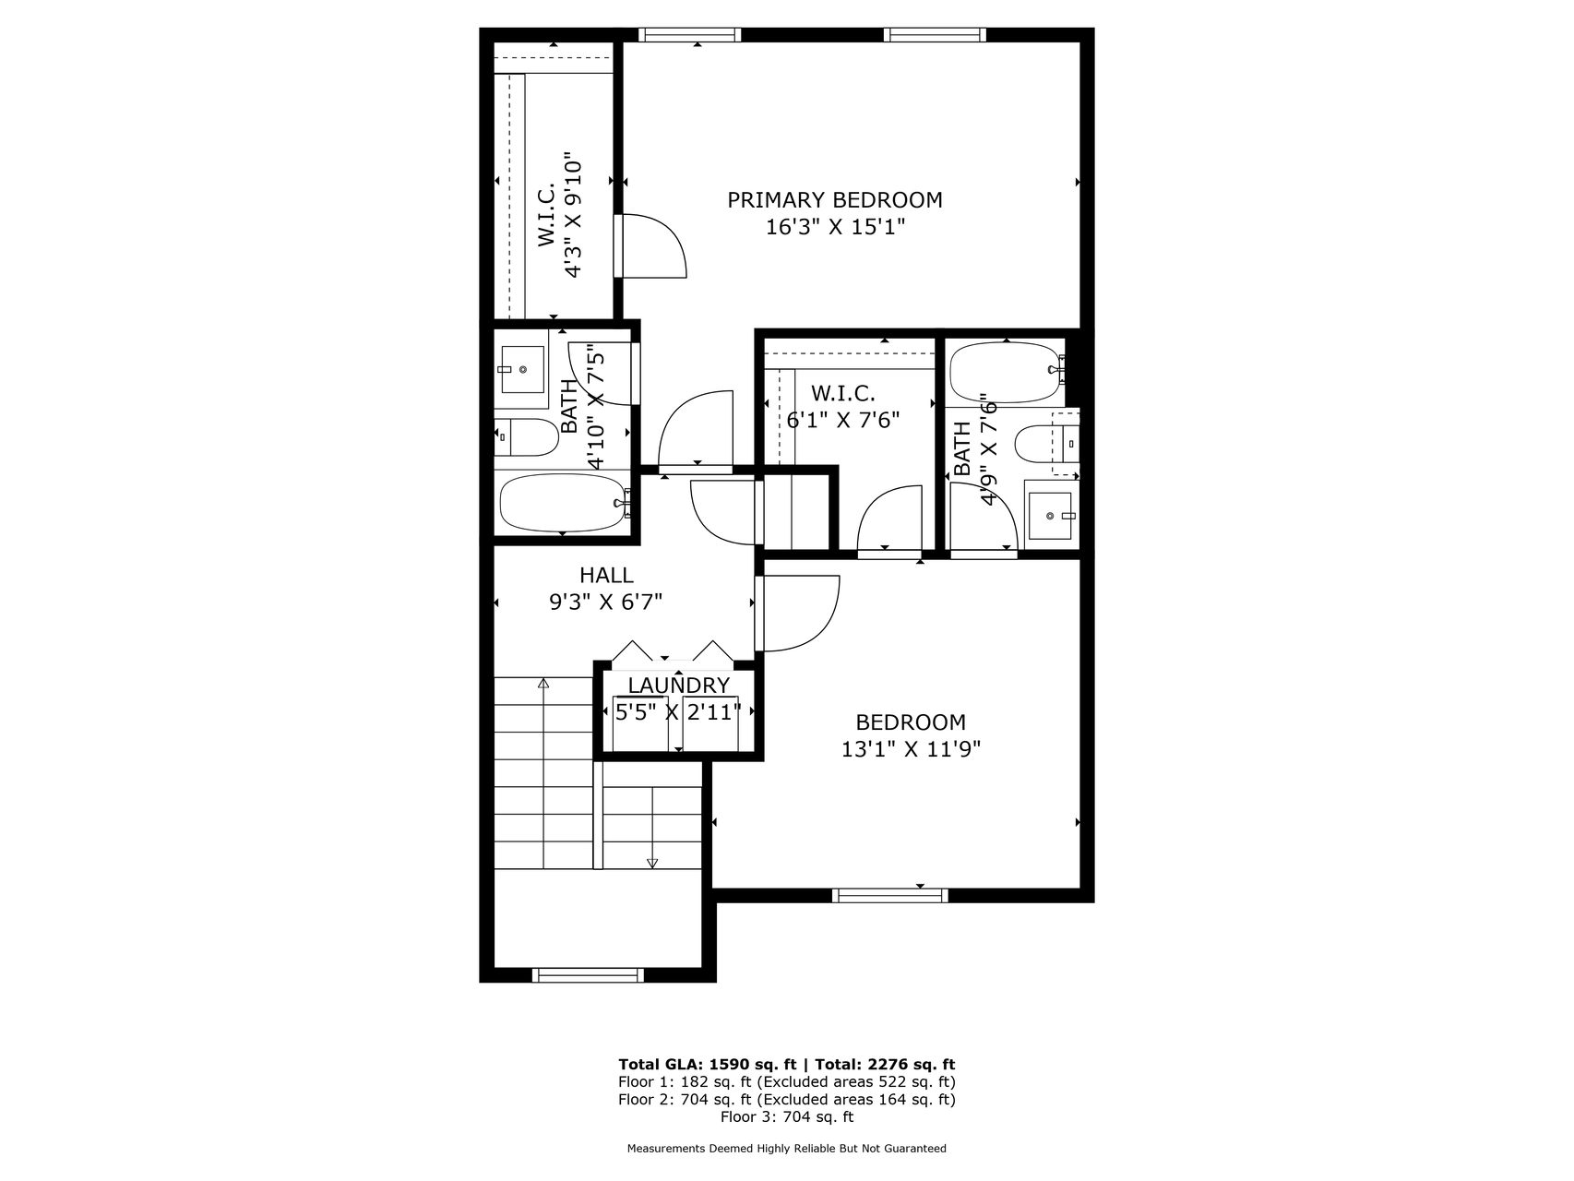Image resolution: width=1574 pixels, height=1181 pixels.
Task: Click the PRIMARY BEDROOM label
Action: tap(835, 200)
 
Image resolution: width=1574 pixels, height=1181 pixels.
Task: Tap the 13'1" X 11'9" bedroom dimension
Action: tap(911, 749)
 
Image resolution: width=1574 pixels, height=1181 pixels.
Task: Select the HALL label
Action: tap(606, 576)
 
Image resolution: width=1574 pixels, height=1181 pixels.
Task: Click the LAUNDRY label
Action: tap(679, 686)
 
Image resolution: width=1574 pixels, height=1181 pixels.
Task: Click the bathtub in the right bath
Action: tap(1008, 373)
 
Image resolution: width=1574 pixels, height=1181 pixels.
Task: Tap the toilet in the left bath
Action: tap(527, 437)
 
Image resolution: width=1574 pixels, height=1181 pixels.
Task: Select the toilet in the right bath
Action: tap(1046, 444)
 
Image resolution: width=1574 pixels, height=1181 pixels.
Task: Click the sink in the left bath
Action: tap(522, 369)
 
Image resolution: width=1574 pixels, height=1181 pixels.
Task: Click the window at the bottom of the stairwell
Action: tap(588, 974)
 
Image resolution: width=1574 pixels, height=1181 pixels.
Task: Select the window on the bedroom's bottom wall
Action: tap(890, 895)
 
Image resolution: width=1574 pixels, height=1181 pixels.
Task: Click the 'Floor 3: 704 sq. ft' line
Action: tap(787, 1116)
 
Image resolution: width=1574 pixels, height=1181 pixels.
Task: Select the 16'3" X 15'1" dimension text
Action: tap(835, 227)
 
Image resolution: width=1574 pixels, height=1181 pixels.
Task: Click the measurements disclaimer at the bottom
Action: tap(787, 1149)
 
